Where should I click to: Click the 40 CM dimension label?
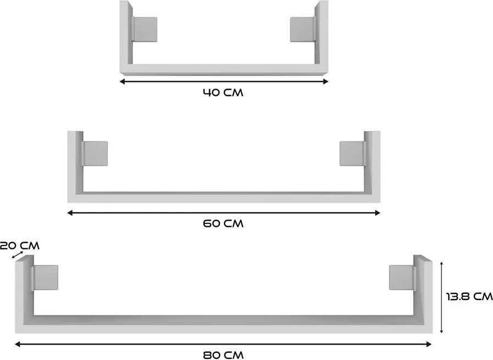223,92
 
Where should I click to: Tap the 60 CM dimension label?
223,223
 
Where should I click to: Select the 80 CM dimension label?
223,355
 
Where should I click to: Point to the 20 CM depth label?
19,246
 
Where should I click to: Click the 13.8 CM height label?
468,297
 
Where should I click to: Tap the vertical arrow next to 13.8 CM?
442,297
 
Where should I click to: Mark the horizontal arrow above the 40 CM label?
224,81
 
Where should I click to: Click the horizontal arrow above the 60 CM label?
224,212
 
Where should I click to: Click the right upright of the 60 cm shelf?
371,162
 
